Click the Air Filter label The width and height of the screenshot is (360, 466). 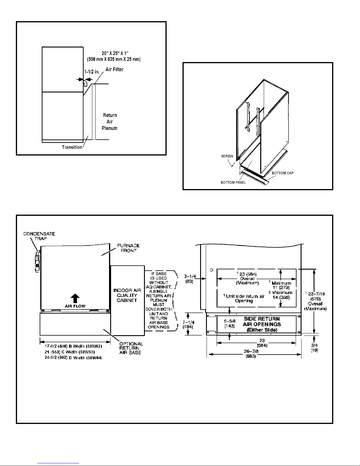[x=114, y=69]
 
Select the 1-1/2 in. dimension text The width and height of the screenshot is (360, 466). [x=92, y=72]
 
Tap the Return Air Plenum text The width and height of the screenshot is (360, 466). [x=110, y=122]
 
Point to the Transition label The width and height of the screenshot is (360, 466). [x=72, y=147]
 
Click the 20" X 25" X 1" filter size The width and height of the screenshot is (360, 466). [x=115, y=53]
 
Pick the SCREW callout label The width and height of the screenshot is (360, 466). [x=227, y=156]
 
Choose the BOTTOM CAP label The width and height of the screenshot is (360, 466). [x=282, y=173]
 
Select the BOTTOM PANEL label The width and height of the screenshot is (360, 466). [x=233, y=183]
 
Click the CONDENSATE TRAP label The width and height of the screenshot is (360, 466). [x=39, y=236]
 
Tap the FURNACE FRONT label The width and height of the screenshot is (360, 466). [x=128, y=248]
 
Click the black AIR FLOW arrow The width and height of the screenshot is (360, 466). [x=75, y=298]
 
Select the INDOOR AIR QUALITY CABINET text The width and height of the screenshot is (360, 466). [x=127, y=295]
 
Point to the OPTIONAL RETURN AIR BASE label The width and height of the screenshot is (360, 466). [x=131, y=348]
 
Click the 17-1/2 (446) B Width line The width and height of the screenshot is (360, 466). [x=73, y=346]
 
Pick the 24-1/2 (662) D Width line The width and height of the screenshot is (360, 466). [x=73, y=358]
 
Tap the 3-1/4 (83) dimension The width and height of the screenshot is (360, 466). [x=190, y=279]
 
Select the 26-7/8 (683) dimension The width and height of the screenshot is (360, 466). [x=251, y=354]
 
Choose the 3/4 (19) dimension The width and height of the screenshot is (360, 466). [x=314, y=348]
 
